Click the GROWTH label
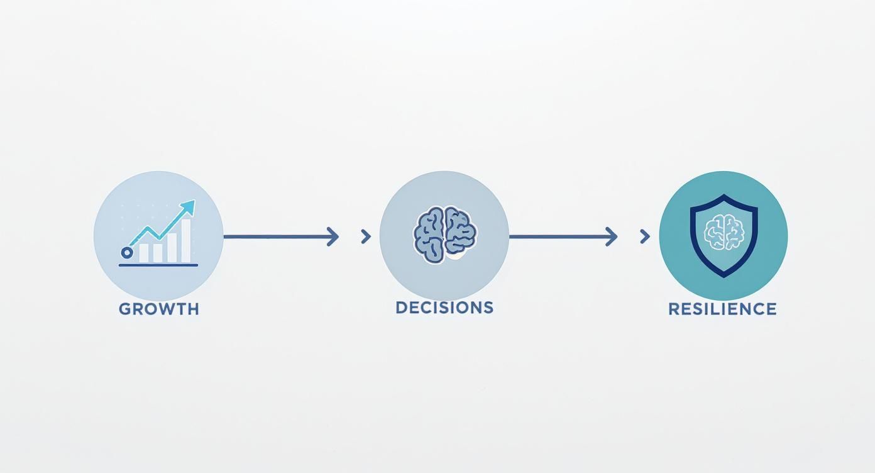pyautogui.click(x=158, y=309)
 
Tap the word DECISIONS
pyautogui.click(x=444, y=308)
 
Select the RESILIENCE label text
pyautogui.click(x=722, y=309)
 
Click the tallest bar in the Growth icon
pyautogui.click(x=186, y=241)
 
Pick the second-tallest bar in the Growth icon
pyautogui.click(x=172, y=248)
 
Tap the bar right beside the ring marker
pyautogui.click(x=144, y=252)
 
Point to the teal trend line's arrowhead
pyautogui.click(x=189, y=207)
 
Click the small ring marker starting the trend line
pyautogui.click(x=127, y=252)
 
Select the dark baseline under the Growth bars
pyautogui.click(x=158, y=265)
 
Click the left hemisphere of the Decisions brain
pyautogui.click(x=429, y=235)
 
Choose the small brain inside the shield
pyautogui.click(x=724, y=232)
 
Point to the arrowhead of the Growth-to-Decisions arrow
pyautogui.click(x=333, y=237)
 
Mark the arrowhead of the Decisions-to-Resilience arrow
pyautogui.click(x=612, y=237)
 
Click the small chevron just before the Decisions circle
pyautogui.click(x=366, y=237)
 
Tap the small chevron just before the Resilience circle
pyautogui.click(x=644, y=237)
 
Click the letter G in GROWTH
pyautogui.click(x=124, y=309)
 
